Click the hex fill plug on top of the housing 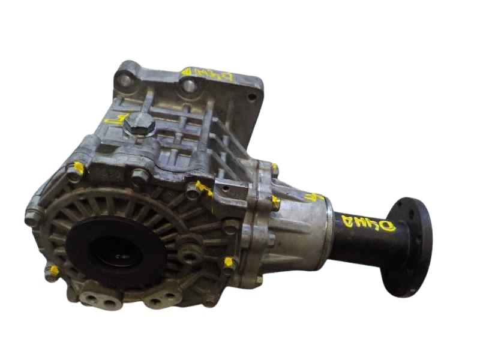(141, 125)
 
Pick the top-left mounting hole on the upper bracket (125, 77)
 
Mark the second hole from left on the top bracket (189, 85)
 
